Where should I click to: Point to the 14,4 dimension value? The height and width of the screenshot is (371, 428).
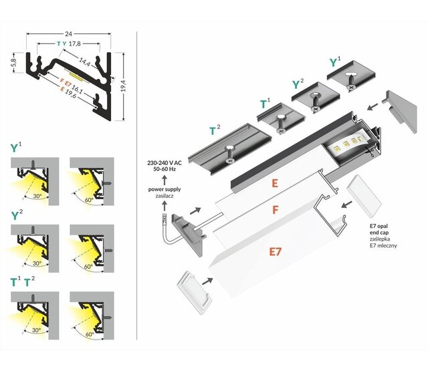(85, 61)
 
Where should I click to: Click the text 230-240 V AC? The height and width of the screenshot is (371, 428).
(164, 162)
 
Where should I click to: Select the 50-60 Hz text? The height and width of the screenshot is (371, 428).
(164, 170)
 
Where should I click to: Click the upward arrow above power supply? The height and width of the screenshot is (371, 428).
(163, 180)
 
